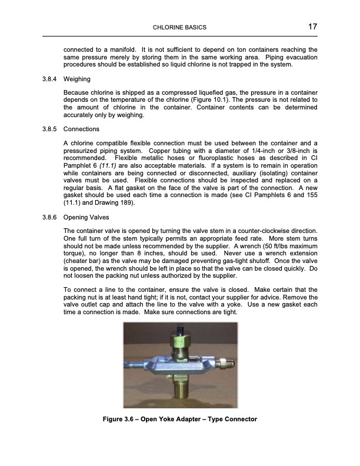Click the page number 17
click(312, 27)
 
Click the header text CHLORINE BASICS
click(179, 28)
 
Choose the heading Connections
click(81, 129)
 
